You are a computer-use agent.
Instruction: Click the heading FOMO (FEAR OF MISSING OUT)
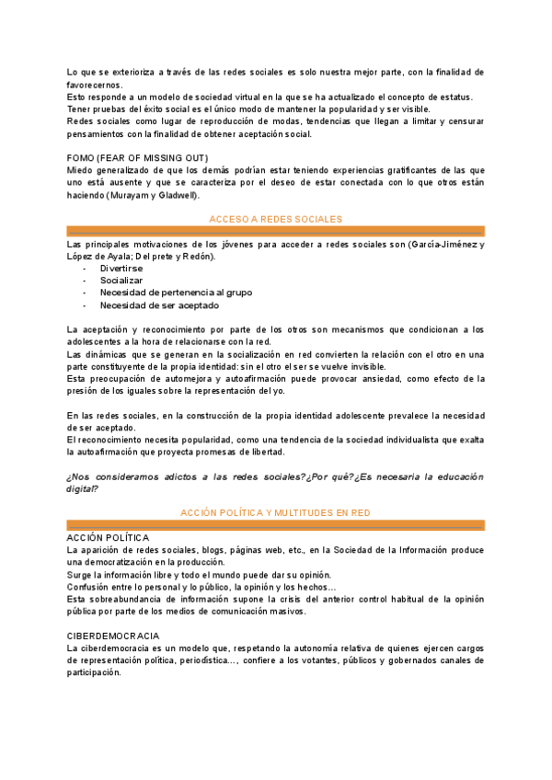tap(137, 158)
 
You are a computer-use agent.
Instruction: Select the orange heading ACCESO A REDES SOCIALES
tap(276, 219)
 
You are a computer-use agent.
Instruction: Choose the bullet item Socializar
tap(122, 281)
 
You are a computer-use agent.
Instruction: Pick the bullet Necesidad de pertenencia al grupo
tap(176, 292)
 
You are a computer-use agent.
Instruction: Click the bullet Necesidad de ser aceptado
tap(159, 305)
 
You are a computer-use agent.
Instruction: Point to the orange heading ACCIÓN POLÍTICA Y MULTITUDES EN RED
tap(276, 512)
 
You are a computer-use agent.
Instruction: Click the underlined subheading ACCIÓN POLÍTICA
tap(109, 537)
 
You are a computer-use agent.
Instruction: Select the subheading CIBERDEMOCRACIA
tap(113, 636)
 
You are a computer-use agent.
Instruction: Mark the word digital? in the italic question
tap(83, 488)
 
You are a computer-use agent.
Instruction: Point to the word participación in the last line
tap(94, 672)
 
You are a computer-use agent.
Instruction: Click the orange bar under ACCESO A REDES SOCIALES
tap(276, 231)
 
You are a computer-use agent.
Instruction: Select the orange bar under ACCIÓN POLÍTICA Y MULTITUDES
tap(276, 524)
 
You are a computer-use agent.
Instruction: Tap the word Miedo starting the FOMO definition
tap(80, 171)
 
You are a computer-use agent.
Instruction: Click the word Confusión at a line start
tap(88, 587)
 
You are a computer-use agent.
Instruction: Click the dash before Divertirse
tap(86, 269)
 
